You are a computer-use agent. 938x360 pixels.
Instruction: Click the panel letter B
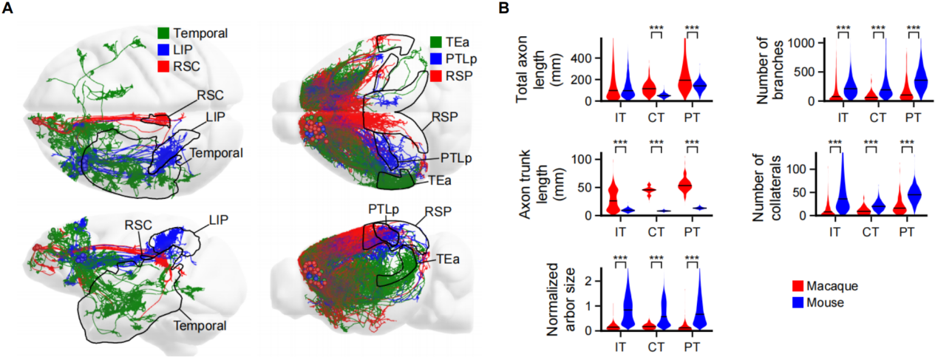coord(503,9)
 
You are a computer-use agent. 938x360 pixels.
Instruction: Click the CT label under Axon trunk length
coord(650,228)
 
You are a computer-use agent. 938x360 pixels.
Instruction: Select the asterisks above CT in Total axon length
coord(656,30)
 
